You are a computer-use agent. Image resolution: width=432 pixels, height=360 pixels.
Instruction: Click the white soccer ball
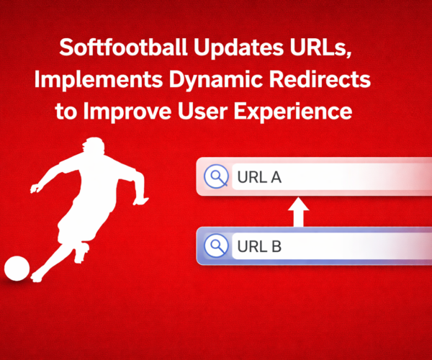17,268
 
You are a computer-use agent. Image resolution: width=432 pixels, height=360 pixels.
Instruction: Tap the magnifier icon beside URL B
215,246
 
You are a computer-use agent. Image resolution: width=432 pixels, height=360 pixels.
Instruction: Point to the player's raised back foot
86,252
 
